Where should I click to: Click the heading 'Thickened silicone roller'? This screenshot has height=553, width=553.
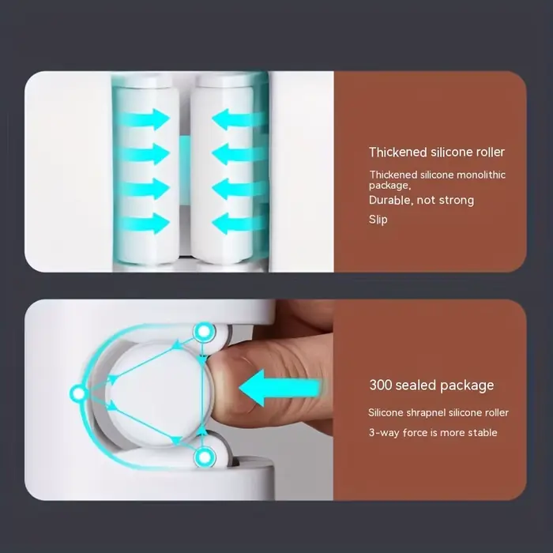coord(437,152)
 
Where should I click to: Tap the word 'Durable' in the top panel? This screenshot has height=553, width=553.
coord(386,200)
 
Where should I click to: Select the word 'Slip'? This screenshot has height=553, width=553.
coord(378,220)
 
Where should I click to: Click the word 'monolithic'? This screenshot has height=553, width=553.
coord(481,175)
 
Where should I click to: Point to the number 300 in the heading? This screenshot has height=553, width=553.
coord(381,385)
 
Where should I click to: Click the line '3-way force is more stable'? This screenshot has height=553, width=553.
coord(433,432)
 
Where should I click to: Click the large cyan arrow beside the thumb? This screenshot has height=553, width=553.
coord(280,388)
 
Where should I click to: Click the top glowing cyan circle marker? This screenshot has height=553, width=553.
coord(204,332)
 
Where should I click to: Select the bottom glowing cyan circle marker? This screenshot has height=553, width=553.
coord(205,457)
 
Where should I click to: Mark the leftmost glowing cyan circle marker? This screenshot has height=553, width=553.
coord(78,393)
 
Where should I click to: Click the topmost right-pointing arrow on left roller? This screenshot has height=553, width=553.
coord(144,119)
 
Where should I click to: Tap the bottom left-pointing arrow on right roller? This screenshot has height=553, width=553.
coord(239,224)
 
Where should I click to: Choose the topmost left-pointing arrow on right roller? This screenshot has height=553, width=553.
coord(239,119)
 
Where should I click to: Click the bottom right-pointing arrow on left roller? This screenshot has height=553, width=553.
coord(144,224)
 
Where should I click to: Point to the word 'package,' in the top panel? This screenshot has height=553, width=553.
coord(390,186)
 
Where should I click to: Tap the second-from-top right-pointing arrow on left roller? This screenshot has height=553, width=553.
coord(144,154)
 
